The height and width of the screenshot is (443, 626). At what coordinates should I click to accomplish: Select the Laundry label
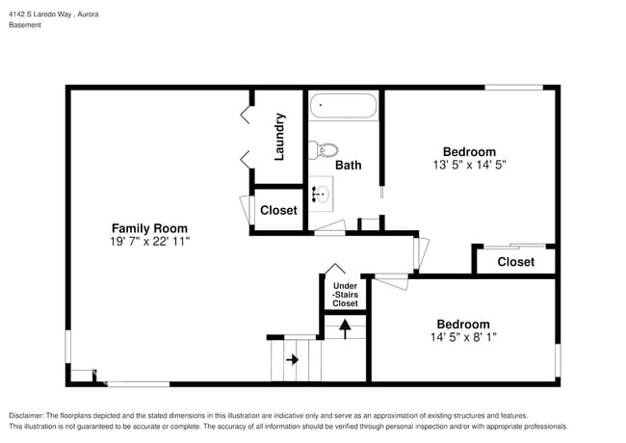(x=279, y=136)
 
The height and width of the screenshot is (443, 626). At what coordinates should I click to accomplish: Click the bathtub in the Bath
(x=345, y=106)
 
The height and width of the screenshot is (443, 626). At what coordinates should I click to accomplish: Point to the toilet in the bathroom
(x=325, y=150)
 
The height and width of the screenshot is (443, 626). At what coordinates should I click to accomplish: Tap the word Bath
(x=348, y=165)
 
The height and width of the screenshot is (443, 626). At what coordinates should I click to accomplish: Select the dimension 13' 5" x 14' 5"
(x=469, y=165)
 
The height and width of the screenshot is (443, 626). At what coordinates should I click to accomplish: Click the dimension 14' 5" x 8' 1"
(x=462, y=337)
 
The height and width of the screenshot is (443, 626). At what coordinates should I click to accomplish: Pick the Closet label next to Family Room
(x=278, y=210)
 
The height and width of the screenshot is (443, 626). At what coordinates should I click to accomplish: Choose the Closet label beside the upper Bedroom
(x=515, y=262)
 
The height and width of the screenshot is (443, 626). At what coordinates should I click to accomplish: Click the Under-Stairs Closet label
(x=345, y=295)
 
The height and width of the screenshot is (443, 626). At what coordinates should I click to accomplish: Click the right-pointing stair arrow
(x=292, y=359)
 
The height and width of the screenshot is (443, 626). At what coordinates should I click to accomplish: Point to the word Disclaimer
(x=30, y=415)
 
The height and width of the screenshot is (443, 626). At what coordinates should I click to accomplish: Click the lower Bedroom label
(x=462, y=325)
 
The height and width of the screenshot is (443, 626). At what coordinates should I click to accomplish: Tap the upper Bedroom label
(x=469, y=151)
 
